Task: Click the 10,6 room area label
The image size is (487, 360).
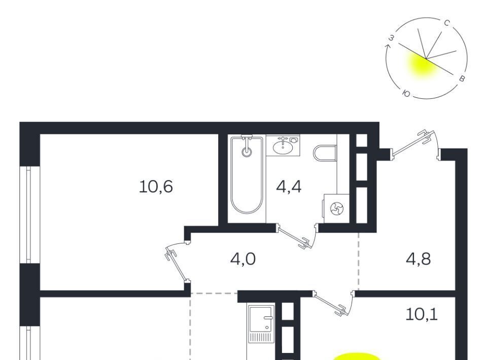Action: (x=156, y=187)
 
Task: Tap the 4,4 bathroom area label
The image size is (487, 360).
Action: (x=289, y=187)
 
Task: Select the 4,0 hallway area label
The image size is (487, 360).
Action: (x=243, y=259)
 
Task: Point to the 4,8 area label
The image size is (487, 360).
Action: (x=418, y=259)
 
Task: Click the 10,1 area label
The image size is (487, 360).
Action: (x=422, y=314)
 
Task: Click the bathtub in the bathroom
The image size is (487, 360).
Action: (x=247, y=175)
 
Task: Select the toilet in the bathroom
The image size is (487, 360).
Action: (x=325, y=153)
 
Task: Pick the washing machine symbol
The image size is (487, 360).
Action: (x=336, y=208)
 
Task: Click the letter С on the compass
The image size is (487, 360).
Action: (x=447, y=24)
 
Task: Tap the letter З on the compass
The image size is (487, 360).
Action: (x=392, y=38)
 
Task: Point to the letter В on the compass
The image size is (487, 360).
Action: (x=462, y=79)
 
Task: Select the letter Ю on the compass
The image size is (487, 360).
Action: (x=406, y=93)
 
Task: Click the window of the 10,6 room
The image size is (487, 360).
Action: (x=29, y=215)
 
